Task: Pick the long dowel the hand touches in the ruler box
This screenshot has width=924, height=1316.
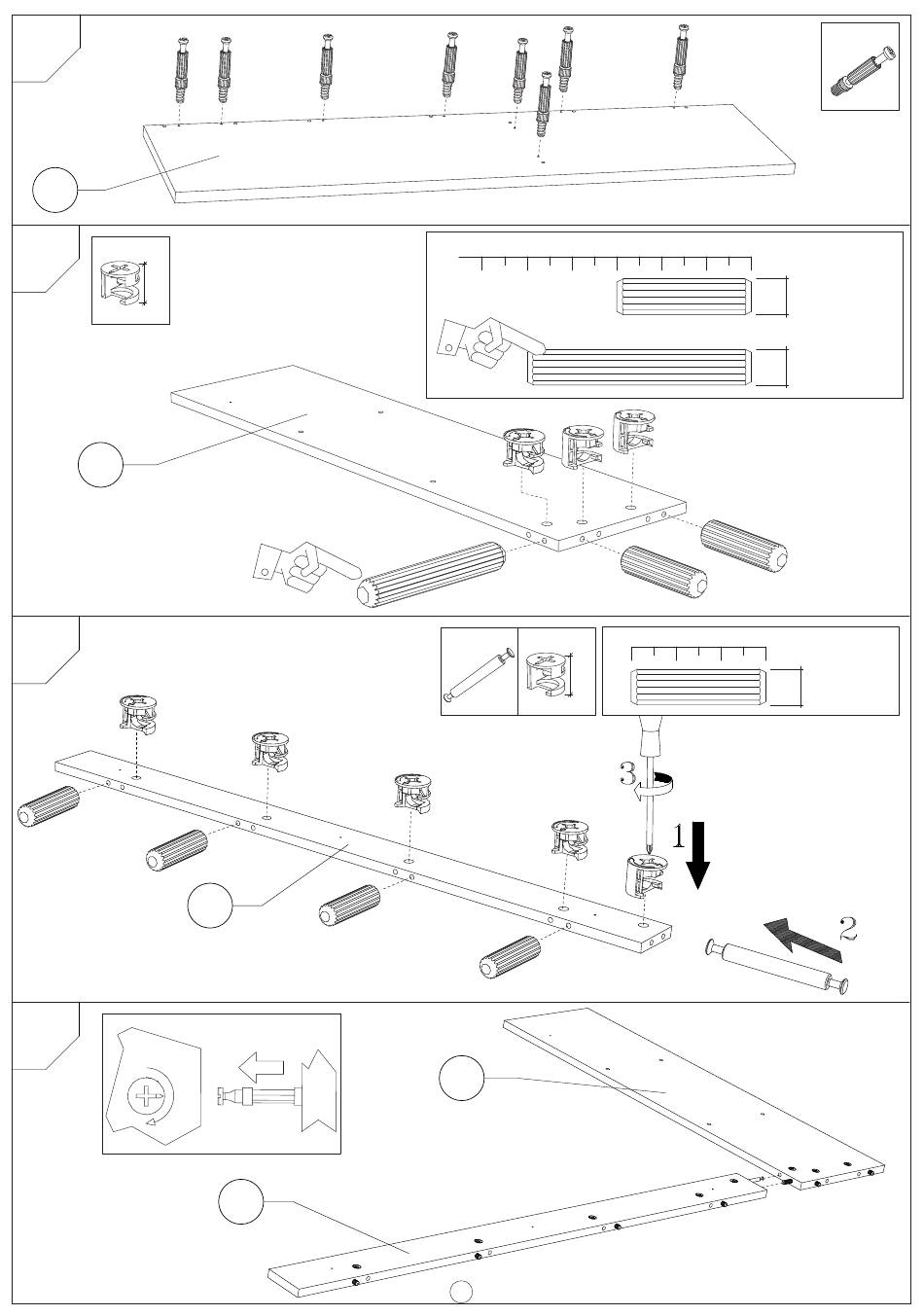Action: click(x=640, y=367)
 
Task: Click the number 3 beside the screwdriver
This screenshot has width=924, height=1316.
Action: click(x=627, y=774)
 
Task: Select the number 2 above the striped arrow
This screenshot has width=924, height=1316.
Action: click(x=848, y=929)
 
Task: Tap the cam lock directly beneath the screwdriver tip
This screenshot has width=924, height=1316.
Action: click(x=643, y=876)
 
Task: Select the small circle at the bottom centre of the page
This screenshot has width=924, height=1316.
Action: click(x=462, y=1292)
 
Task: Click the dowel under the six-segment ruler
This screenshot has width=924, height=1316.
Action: click(x=698, y=687)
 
